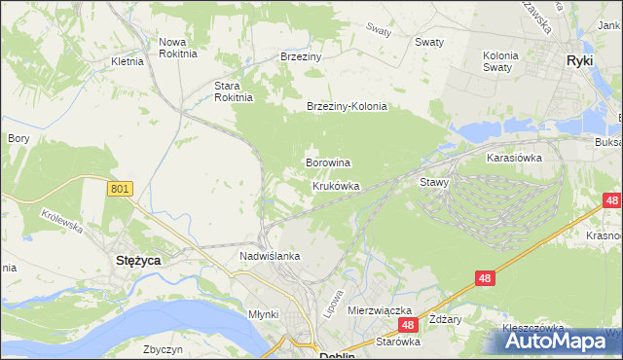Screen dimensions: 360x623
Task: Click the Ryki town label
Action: (580, 60)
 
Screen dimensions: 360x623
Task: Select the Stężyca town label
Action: (138, 261)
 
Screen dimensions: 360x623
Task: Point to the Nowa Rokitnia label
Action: (178, 48)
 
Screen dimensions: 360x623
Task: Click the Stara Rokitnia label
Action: (234, 90)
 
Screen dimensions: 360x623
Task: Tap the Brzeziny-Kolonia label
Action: (347, 107)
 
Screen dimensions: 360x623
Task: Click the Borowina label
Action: (328, 162)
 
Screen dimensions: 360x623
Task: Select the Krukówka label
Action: (336, 185)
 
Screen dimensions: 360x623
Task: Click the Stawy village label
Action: (434, 182)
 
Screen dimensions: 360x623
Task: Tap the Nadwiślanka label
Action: (270, 256)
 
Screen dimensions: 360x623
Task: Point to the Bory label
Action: (18, 138)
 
